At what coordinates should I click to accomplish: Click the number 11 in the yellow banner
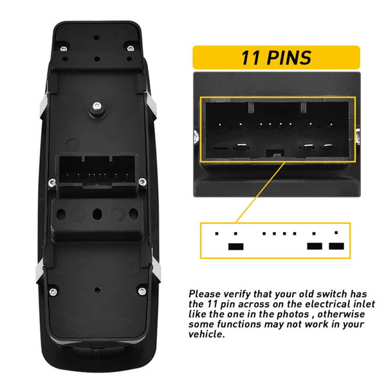pyautogui.click(x=250, y=58)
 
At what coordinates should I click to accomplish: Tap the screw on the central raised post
pyautogui.click(x=95, y=107)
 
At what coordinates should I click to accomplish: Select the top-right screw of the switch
pyautogui.click(x=130, y=49)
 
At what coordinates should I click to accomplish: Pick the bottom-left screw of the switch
pyautogui.click(x=53, y=292)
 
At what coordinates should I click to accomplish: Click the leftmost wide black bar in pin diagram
pyautogui.click(x=235, y=246)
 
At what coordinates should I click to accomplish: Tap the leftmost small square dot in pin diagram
pyautogui.click(x=217, y=233)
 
